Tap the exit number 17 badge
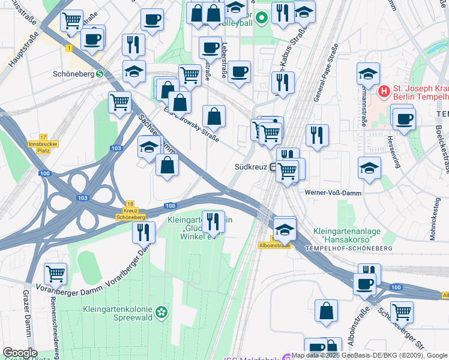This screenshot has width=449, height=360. pos(43,137)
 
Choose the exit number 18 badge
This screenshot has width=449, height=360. pos(131,204)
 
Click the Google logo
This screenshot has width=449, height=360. pos(20,353)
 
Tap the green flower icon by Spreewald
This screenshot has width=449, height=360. pos(161,312)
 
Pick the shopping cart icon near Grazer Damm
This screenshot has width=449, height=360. pos(55,274)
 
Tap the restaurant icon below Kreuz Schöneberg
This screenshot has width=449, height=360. pos(143,232)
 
